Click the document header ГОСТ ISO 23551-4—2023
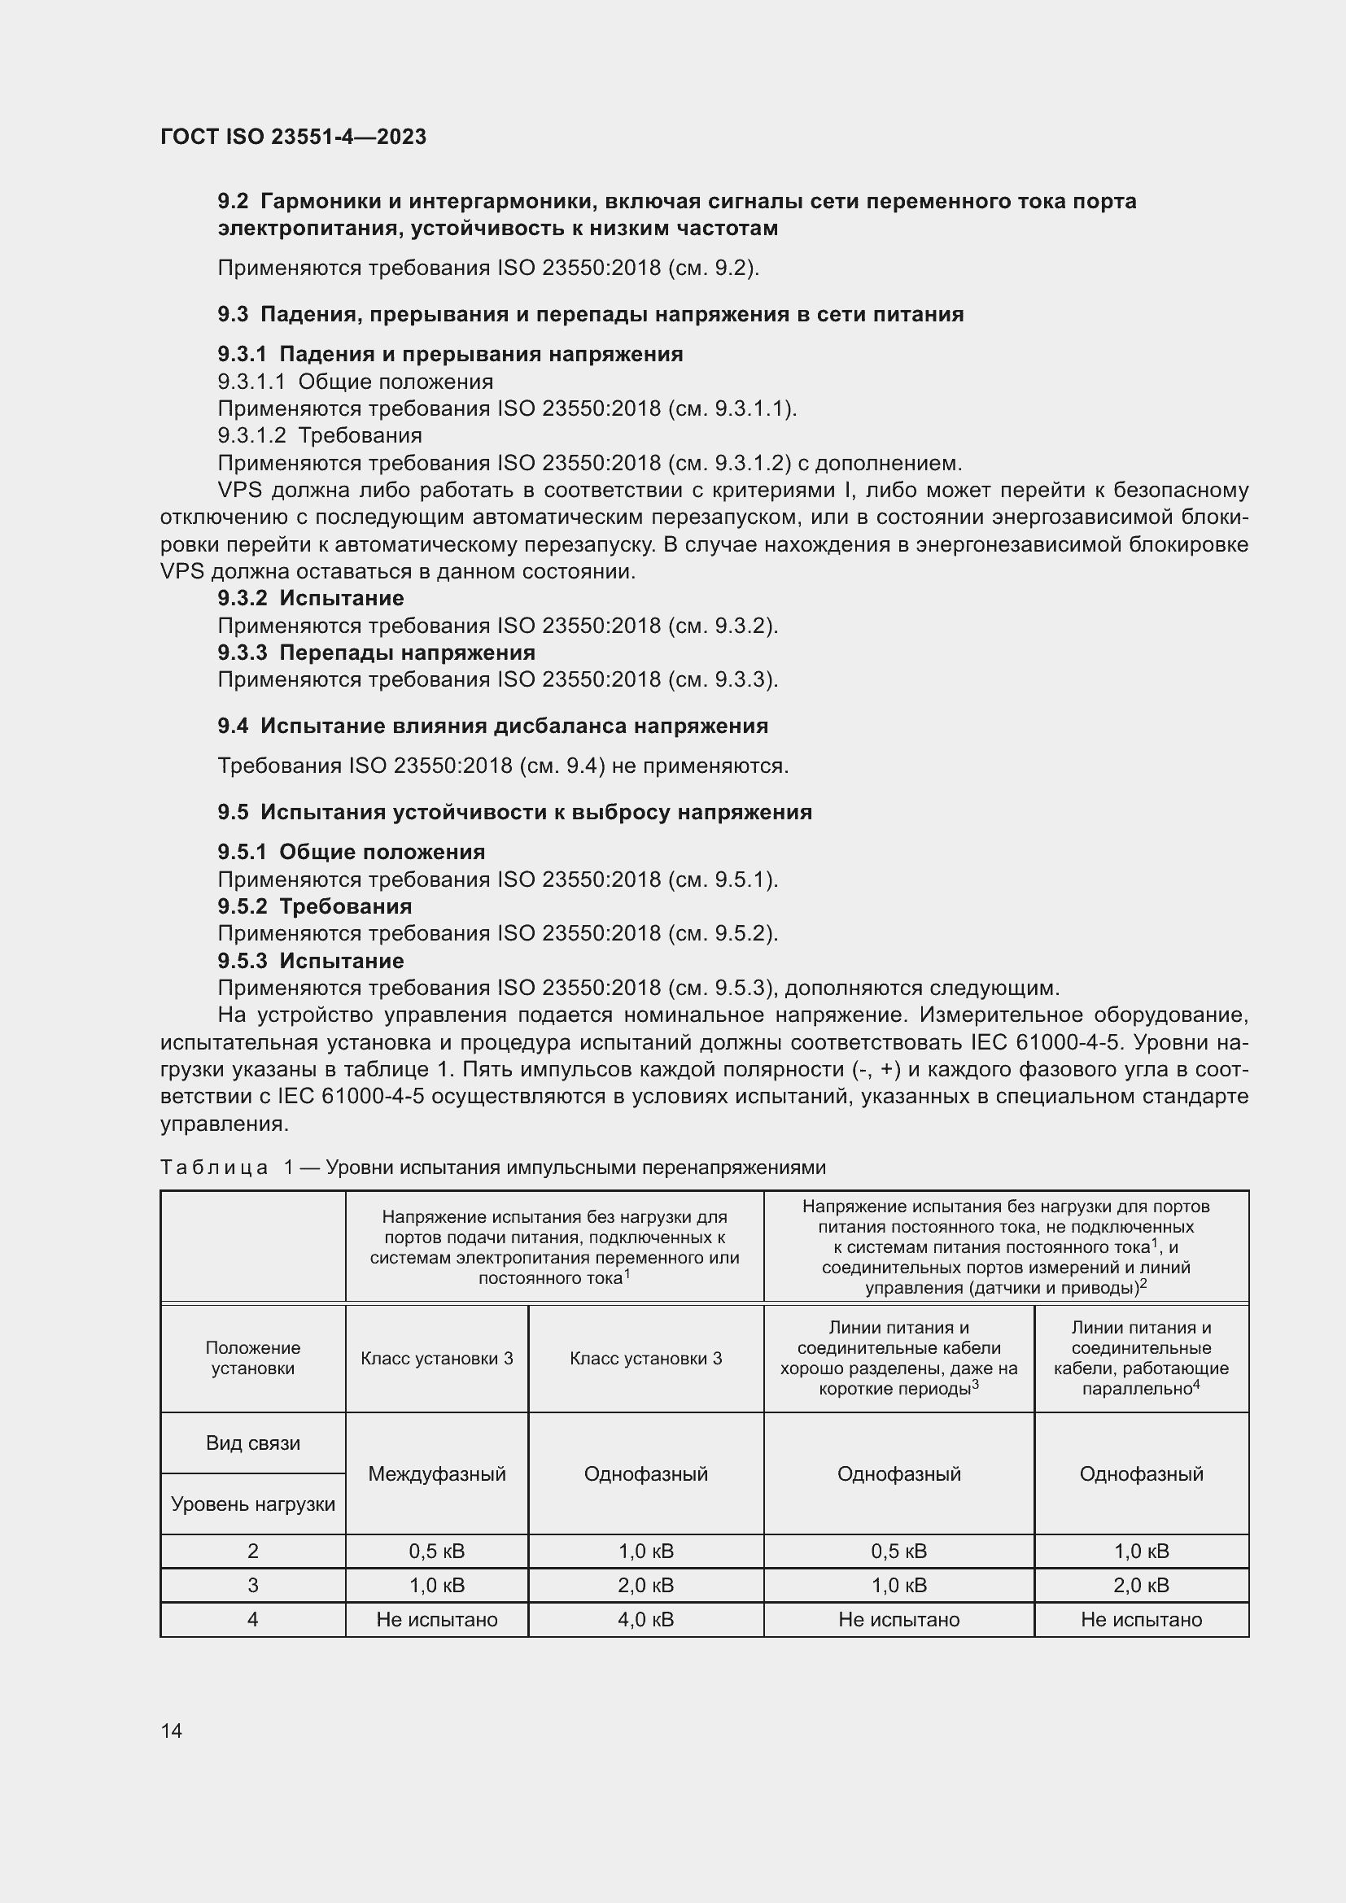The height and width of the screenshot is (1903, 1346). (293, 137)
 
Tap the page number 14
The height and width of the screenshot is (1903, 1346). (172, 1731)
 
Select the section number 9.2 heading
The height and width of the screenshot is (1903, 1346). (233, 202)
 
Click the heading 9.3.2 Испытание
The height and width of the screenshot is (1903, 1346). (311, 598)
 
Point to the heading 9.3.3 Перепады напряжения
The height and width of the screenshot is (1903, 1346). (376, 653)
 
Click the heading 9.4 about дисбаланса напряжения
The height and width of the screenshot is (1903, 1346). (493, 725)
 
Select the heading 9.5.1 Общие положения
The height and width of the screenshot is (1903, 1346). (352, 851)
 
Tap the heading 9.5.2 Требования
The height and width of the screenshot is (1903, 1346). (315, 906)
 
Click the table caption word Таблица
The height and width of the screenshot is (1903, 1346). (214, 1167)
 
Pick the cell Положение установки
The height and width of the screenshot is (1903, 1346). (253, 1358)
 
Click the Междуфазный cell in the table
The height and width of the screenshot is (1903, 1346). (437, 1473)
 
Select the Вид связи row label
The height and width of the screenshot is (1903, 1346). (253, 1443)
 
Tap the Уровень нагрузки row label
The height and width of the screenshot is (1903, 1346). (253, 1504)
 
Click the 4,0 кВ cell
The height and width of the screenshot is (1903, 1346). (645, 1619)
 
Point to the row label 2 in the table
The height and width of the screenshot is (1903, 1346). (253, 1551)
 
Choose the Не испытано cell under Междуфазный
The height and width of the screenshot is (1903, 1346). (437, 1619)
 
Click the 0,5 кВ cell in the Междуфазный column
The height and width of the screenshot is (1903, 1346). (437, 1551)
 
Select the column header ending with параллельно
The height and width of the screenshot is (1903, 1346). (1140, 1358)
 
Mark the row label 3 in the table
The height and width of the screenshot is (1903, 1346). (253, 1585)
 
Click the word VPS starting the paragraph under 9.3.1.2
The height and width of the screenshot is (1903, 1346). (239, 490)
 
